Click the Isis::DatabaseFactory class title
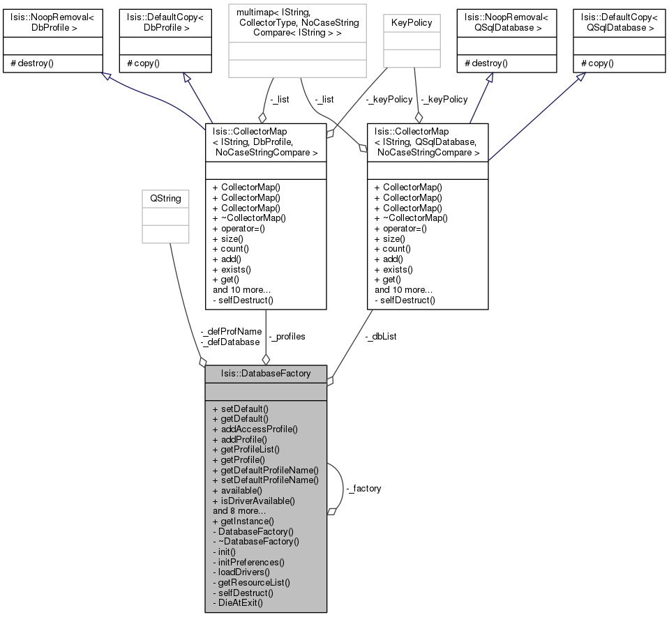(x=266, y=374)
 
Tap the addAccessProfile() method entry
(x=255, y=429)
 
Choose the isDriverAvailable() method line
(x=253, y=501)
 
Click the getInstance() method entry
(x=243, y=521)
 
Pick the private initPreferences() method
(x=248, y=562)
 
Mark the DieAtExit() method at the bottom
(x=238, y=603)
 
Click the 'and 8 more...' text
(x=239, y=511)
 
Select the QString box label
(x=165, y=198)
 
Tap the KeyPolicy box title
(x=412, y=22)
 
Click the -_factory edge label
(x=363, y=488)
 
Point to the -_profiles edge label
(x=287, y=337)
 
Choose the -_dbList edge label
(x=381, y=337)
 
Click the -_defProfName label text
(x=231, y=331)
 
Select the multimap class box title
(x=297, y=22)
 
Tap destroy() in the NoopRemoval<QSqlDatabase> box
(x=486, y=63)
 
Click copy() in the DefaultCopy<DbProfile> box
(x=144, y=63)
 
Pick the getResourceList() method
(x=251, y=582)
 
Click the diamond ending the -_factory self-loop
(x=332, y=512)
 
